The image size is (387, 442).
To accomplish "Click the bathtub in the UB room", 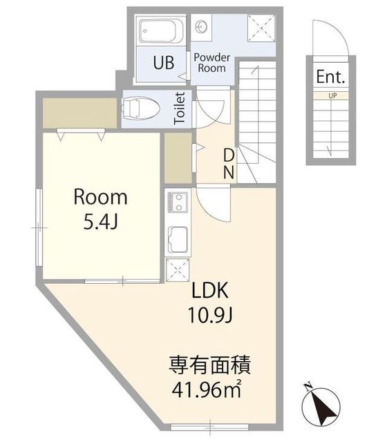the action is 161,31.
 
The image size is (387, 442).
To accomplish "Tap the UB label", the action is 164,63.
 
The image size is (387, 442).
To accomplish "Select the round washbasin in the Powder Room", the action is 201,27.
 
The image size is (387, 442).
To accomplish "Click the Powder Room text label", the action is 212,63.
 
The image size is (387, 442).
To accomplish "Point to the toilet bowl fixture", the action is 140,108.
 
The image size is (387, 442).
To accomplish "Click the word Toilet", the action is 180,108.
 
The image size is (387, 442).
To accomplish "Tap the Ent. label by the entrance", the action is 330,77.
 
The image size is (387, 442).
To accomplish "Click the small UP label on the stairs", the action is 332,95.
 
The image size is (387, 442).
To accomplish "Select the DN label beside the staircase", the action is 229,164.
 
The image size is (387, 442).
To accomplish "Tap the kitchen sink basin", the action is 178,240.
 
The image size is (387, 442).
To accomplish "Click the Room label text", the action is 100,197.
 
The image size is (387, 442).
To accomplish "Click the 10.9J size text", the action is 210,315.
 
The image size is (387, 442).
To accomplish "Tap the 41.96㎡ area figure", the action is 207,390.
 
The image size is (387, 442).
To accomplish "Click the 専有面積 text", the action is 210,365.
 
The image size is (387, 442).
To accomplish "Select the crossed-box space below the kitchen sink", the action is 178,270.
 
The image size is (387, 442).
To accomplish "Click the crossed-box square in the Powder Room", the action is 261,28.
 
